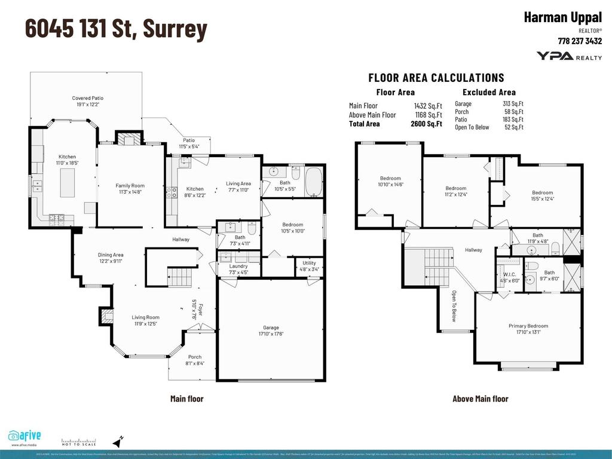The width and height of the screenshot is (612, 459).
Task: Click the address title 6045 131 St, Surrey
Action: pos(116,29)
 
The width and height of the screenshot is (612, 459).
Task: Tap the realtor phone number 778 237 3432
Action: pos(579,41)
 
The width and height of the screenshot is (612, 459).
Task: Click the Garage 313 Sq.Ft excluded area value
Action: pos(513,103)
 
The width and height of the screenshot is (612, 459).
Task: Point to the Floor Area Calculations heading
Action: pos(436,78)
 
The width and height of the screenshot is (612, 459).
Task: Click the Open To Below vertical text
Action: pos(454,307)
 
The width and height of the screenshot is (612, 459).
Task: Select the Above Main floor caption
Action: pos(480,399)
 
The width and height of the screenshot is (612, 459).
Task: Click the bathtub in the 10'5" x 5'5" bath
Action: pos(314,181)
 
